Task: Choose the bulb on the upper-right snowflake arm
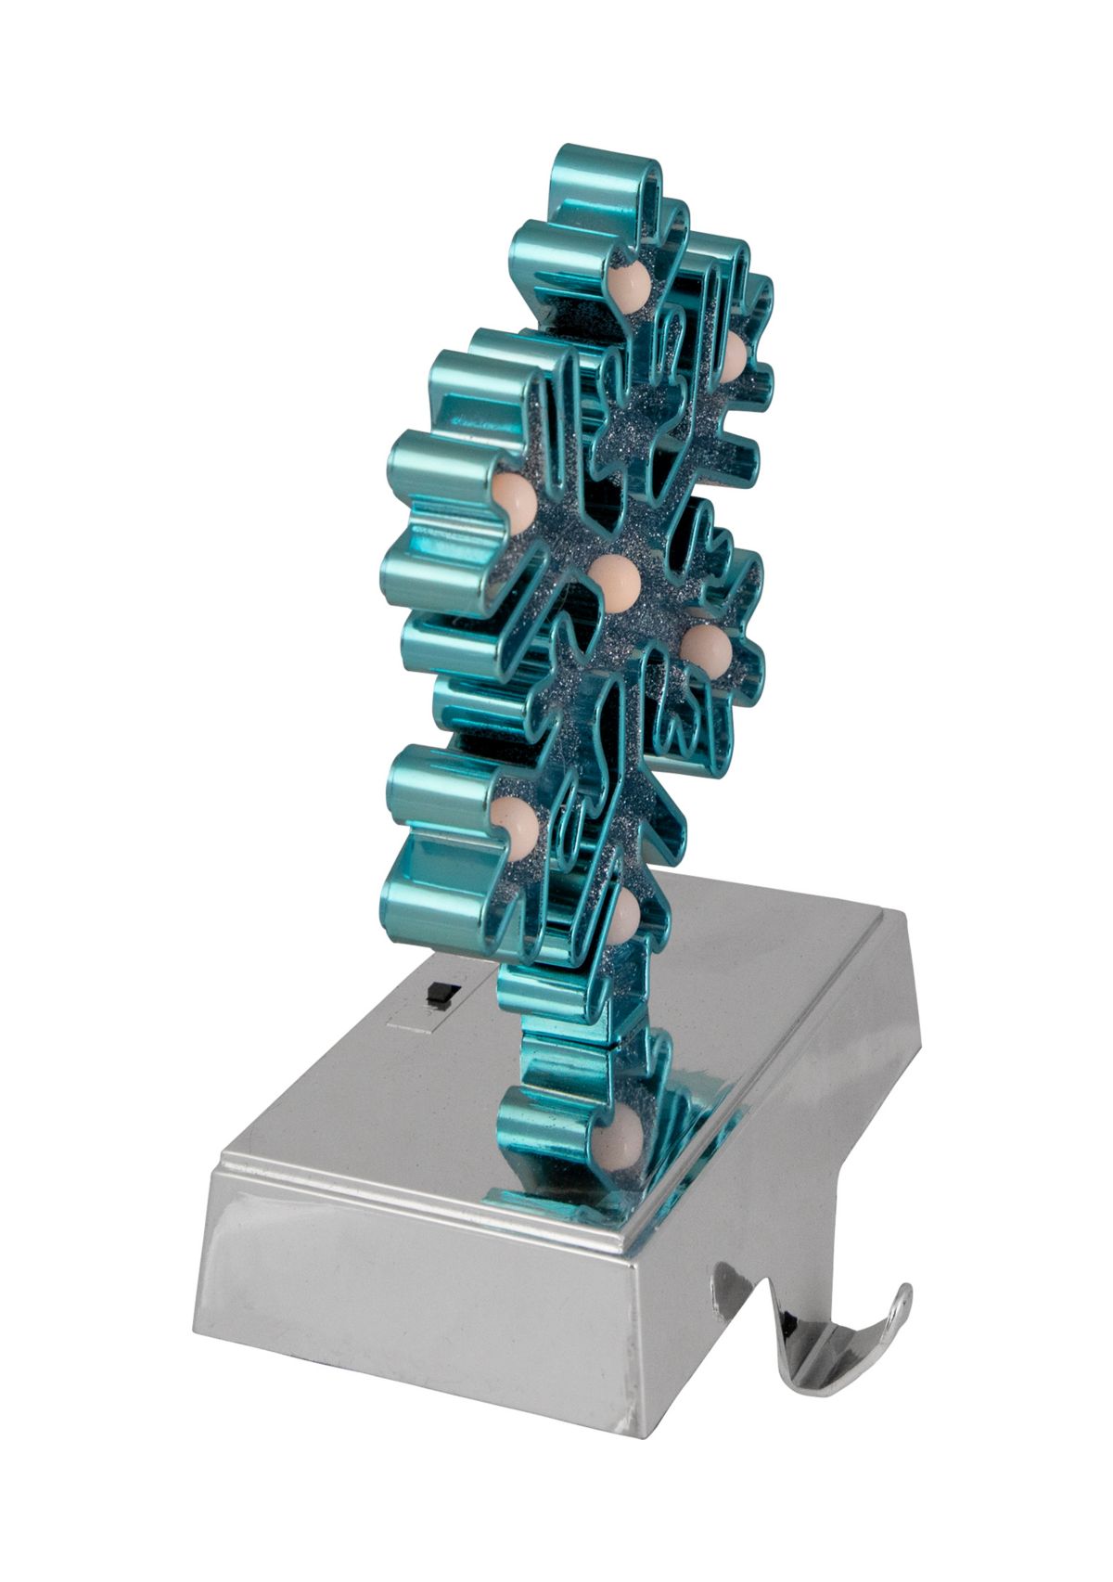pos(733,353)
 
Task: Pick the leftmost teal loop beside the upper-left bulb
pos(436,464)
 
